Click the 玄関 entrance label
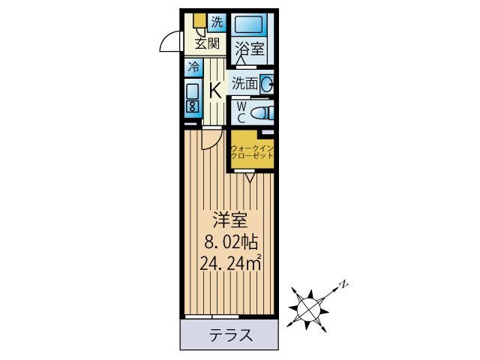pos(207,43)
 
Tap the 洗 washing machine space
pos(216,21)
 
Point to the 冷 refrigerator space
pos(193,66)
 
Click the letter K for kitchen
pos(215,91)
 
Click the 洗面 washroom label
pos(245,84)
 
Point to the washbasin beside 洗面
pos(267,84)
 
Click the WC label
pos(241,112)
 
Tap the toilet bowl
pos(261,113)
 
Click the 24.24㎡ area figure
pos(230,262)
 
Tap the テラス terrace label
pos(229,334)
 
